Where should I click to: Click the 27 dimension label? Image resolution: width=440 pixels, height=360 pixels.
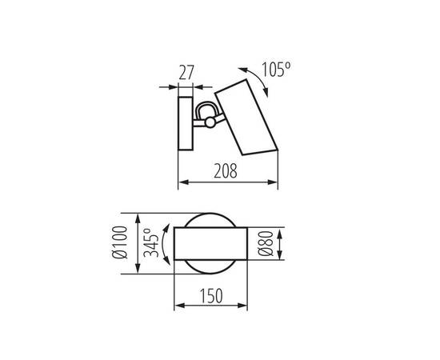point(186,72)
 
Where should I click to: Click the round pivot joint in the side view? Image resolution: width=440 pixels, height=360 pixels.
point(209,122)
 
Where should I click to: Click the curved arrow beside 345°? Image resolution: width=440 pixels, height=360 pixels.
point(165,243)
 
